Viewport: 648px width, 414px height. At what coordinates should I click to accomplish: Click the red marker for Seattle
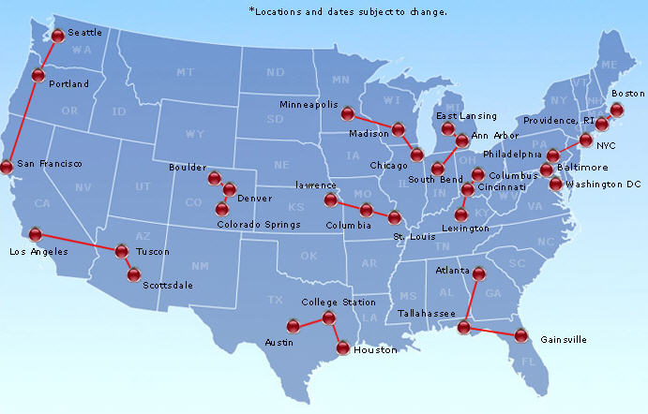point(58,36)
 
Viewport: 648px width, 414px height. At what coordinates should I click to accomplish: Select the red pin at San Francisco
point(7,167)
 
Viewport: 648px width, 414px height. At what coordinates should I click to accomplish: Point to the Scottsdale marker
point(134,274)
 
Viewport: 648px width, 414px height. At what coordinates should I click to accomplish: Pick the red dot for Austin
point(294,326)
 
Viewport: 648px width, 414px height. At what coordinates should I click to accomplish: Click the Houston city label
point(376,350)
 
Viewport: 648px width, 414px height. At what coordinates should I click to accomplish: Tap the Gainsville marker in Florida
point(521,335)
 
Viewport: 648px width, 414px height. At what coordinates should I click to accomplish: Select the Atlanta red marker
point(479,274)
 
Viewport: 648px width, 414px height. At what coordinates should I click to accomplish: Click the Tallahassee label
point(427,313)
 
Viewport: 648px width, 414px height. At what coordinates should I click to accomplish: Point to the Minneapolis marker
point(347,114)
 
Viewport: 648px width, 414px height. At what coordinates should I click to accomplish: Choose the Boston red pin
point(617,110)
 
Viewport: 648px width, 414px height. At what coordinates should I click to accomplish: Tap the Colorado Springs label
point(259,225)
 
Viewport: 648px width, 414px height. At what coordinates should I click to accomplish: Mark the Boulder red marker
point(216,176)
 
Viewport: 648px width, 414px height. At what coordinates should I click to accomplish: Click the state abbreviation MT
point(184,72)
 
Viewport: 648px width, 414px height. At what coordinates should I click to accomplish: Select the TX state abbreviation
point(275,300)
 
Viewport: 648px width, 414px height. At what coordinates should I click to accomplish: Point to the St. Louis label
point(412,237)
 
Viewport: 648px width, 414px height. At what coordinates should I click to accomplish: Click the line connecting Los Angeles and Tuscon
point(79,243)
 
